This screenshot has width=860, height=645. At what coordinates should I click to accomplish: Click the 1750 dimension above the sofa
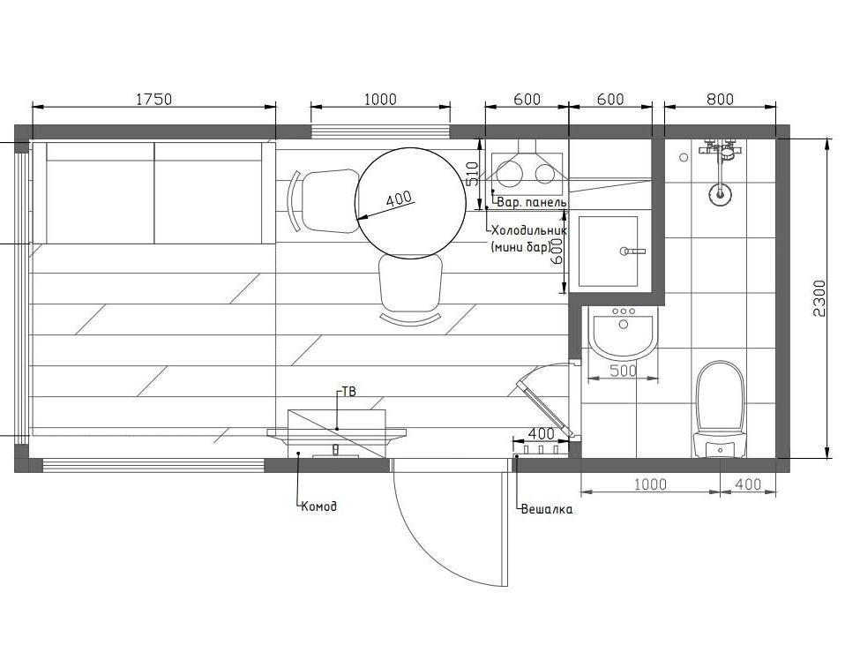153,100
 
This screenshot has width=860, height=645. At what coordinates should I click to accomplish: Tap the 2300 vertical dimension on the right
819,298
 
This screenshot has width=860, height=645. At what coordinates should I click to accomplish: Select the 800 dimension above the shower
720,100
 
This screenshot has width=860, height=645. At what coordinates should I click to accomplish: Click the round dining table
410,203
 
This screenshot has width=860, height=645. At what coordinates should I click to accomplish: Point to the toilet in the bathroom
720,409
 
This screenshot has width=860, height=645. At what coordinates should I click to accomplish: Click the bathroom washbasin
623,332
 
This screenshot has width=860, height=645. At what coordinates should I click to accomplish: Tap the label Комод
318,506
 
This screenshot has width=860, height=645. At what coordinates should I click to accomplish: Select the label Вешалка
546,509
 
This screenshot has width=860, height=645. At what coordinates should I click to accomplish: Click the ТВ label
348,392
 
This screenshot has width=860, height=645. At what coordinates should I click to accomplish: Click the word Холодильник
529,230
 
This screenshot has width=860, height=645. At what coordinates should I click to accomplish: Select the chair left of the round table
324,200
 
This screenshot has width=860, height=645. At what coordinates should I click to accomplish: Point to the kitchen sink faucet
632,251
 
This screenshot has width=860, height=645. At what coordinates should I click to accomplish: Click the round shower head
719,193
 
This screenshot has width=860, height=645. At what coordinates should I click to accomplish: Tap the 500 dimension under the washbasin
623,371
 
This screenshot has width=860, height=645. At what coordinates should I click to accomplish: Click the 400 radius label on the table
399,199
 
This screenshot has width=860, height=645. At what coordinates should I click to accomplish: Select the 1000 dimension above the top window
380,100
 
